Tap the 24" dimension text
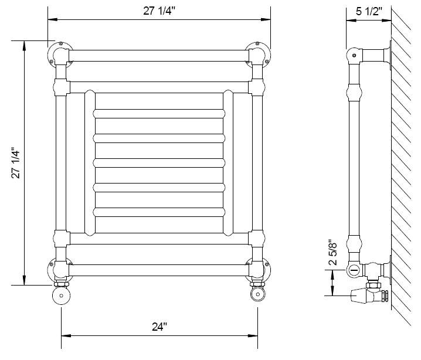[x=159, y=326]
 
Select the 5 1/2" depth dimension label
[x=369, y=11]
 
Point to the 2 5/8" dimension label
[x=334, y=253]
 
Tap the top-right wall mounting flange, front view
[x=259, y=51]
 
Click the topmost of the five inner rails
[x=158, y=113]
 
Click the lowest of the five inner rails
[x=158, y=212]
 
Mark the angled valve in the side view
[x=367, y=293]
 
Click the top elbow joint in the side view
[x=354, y=56]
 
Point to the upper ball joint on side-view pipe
[x=354, y=93]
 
